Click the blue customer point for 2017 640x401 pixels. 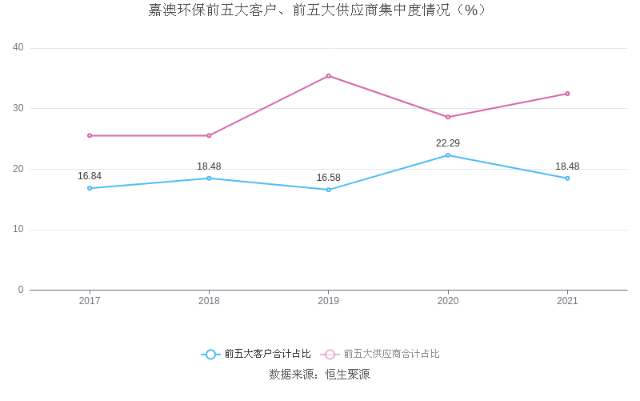(x=90, y=188)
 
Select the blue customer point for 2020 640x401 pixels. (x=448, y=155)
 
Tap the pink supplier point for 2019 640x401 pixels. (x=328, y=76)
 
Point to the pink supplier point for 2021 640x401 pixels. (x=567, y=94)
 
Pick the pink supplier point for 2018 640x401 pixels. (x=209, y=135)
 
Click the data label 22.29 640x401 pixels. (x=448, y=143)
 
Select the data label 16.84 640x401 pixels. (x=90, y=176)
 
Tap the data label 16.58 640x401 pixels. (x=328, y=178)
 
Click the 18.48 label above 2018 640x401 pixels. (x=209, y=166)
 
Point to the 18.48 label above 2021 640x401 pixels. (x=567, y=166)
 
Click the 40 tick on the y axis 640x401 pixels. (x=18, y=48)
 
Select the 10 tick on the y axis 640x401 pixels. (x=18, y=230)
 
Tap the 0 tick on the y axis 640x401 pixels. (x=21, y=290)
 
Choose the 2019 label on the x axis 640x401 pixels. (x=328, y=301)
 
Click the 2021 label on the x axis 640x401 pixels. (x=567, y=301)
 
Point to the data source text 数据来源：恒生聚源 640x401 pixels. (x=319, y=375)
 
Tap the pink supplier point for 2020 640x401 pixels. (x=448, y=117)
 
